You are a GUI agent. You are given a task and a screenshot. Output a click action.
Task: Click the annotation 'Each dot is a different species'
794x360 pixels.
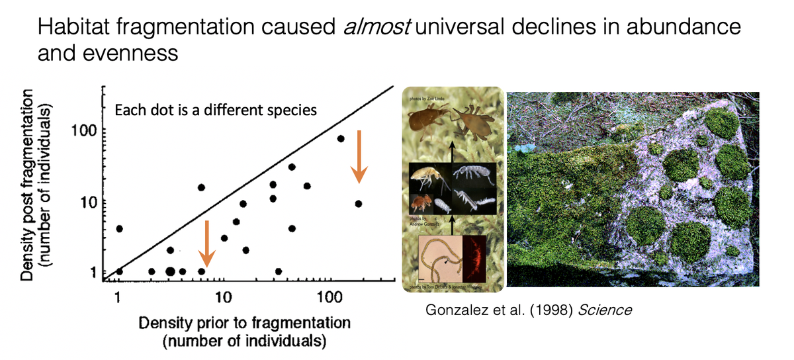point(216,110)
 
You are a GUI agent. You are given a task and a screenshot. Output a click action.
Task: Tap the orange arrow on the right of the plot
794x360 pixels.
point(359,156)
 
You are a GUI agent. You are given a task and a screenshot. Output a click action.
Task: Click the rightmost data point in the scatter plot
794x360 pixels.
point(358,204)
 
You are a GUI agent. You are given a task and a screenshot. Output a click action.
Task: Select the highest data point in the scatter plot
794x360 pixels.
point(341,138)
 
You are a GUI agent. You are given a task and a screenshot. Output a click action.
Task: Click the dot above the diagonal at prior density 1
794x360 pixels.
point(120,228)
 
